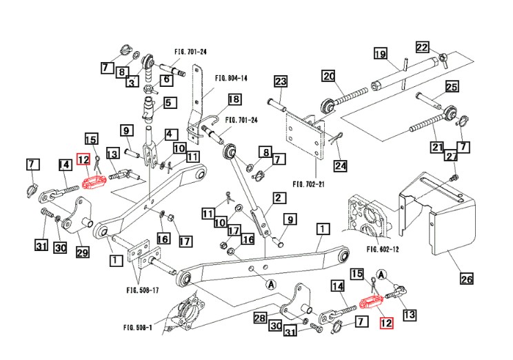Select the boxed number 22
[x=422, y=47]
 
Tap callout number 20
[x=328, y=77]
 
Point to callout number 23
[x=280, y=82]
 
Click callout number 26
[x=467, y=279]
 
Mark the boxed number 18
[x=234, y=100]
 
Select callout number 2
[x=279, y=199]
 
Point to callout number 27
[x=450, y=157]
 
